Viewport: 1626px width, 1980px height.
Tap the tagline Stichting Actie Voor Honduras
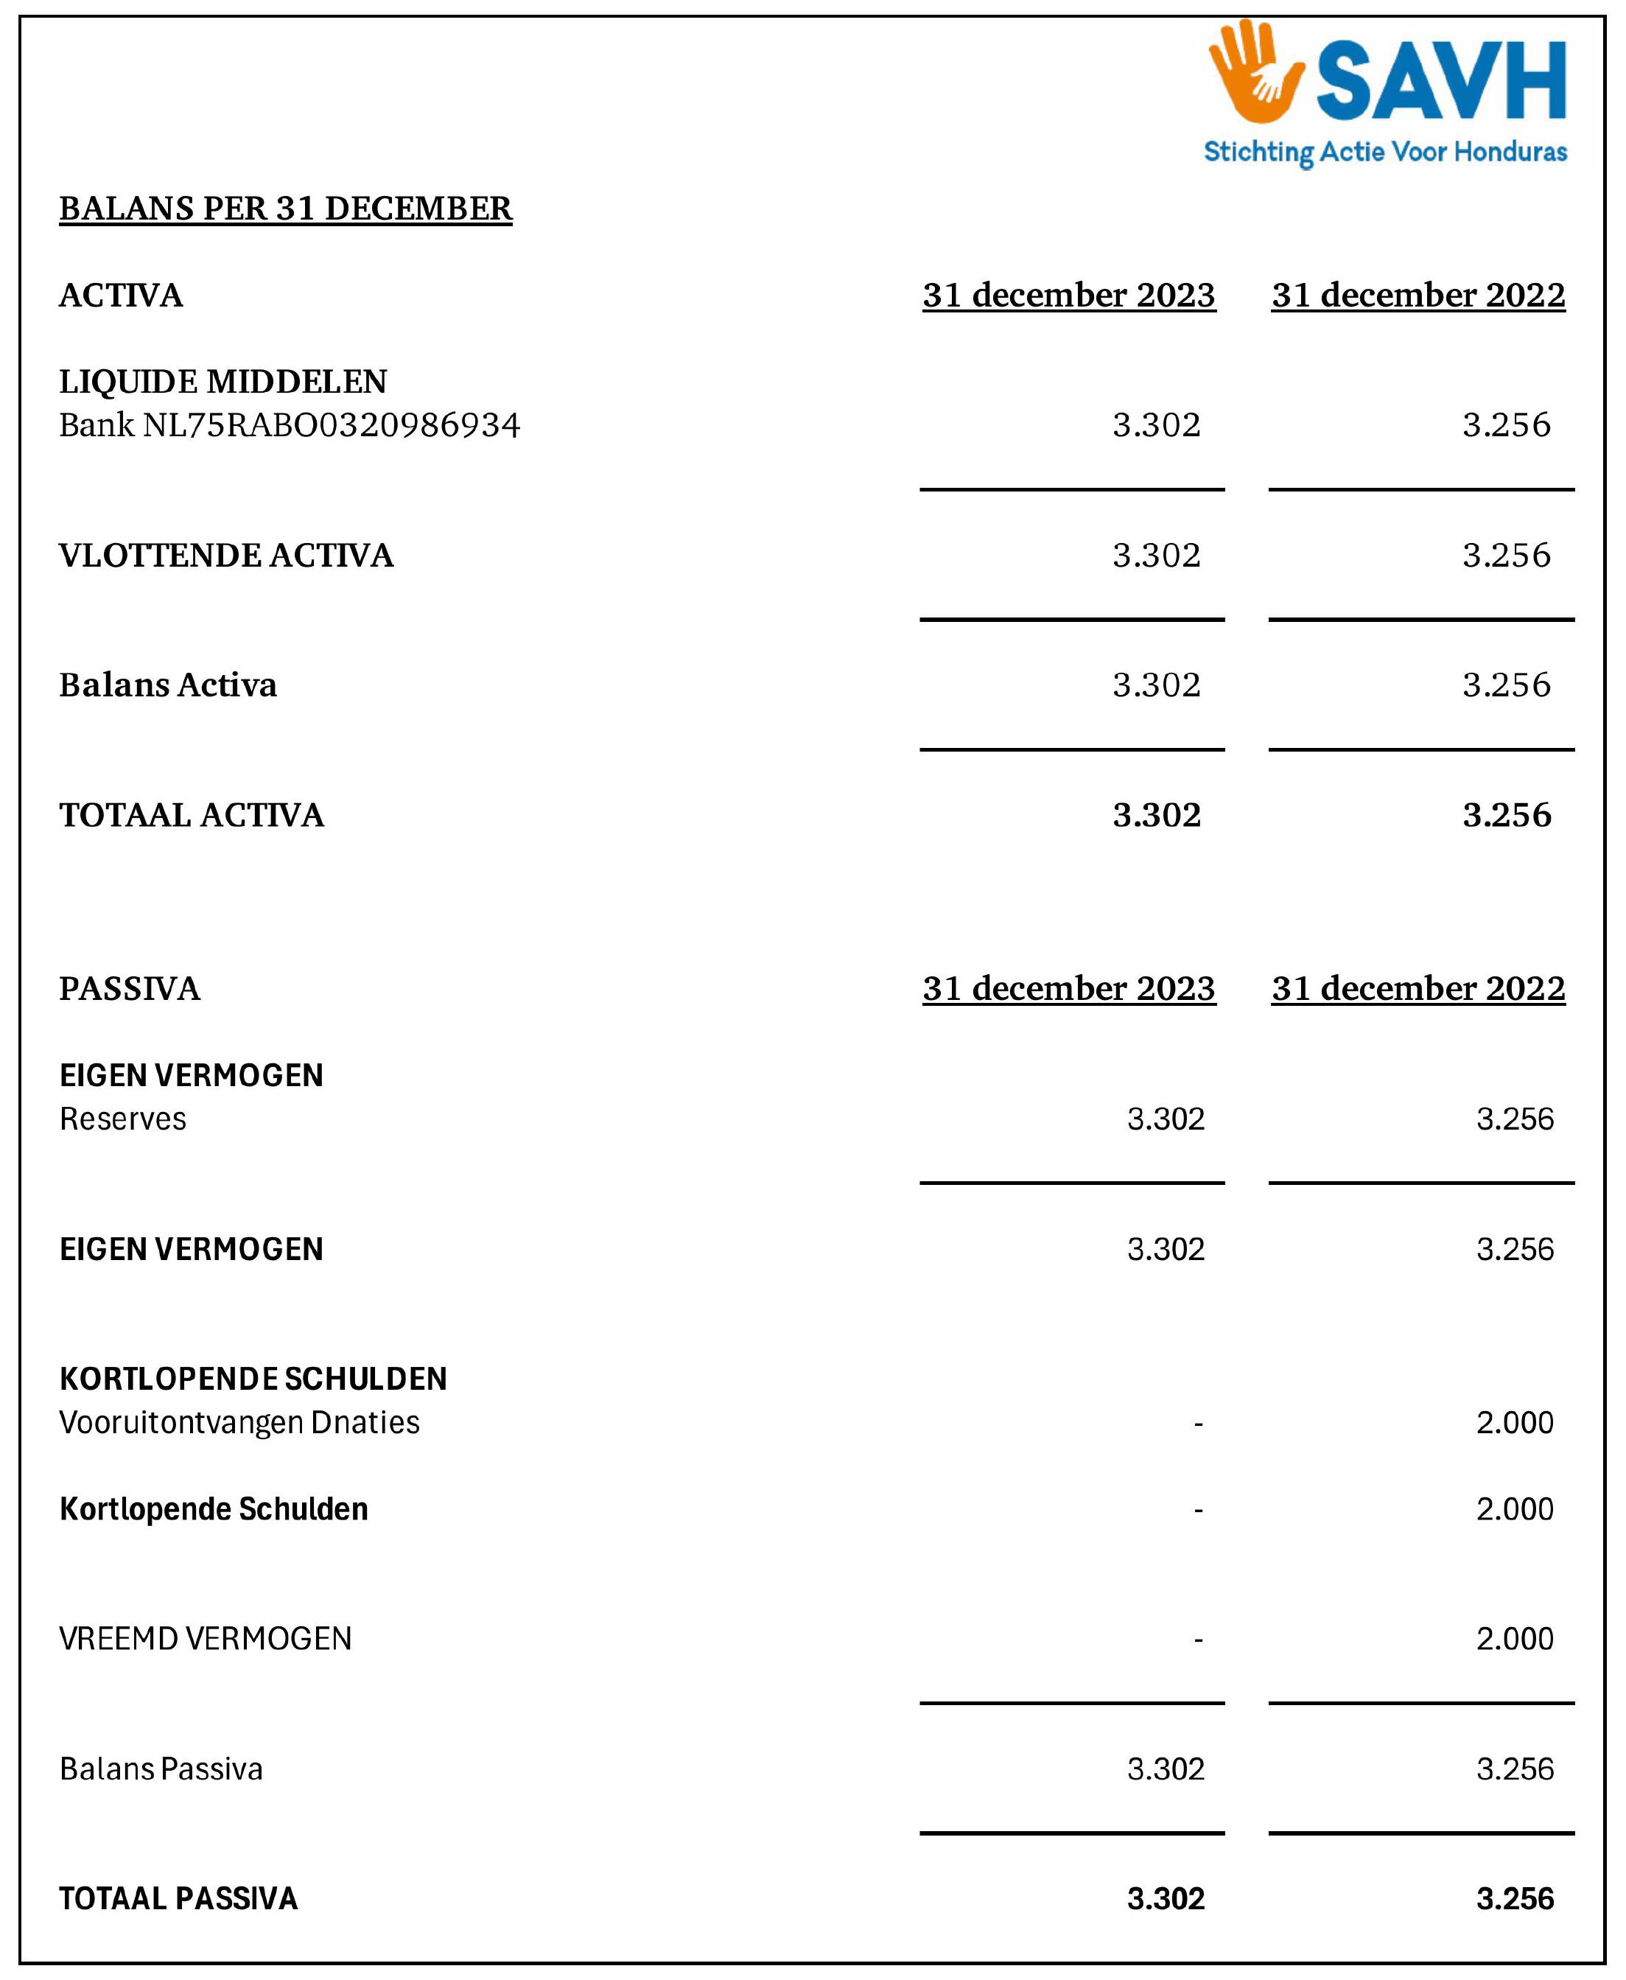(x=1384, y=152)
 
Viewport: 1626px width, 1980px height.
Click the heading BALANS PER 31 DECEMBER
(x=286, y=208)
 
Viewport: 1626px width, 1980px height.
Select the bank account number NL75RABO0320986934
(x=331, y=425)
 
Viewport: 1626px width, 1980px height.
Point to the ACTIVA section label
(x=121, y=295)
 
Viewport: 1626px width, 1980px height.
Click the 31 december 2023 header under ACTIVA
(x=1069, y=295)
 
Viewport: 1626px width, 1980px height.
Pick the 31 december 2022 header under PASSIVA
(x=1418, y=988)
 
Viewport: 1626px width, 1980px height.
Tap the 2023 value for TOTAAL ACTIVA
(x=1157, y=815)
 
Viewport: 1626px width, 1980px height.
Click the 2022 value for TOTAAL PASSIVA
(x=1515, y=1898)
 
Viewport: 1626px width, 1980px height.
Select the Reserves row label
(x=123, y=1119)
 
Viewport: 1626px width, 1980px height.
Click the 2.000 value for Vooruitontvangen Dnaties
(x=1515, y=1421)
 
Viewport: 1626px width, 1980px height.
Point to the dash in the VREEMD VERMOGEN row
(x=1198, y=1639)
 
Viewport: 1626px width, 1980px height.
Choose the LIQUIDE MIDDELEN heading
(x=223, y=381)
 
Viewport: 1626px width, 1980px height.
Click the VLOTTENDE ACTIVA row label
(x=225, y=556)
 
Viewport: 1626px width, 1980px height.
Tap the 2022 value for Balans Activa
(x=1506, y=685)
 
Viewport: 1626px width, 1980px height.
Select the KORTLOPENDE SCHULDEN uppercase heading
(x=253, y=1379)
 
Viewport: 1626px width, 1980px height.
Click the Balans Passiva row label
(x=161, y=1769)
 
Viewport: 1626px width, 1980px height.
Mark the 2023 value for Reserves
(x=1166, y=1119)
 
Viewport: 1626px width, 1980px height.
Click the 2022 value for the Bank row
(x=1506, y=425)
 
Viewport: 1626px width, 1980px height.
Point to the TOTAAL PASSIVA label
(x=178, y=1898)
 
